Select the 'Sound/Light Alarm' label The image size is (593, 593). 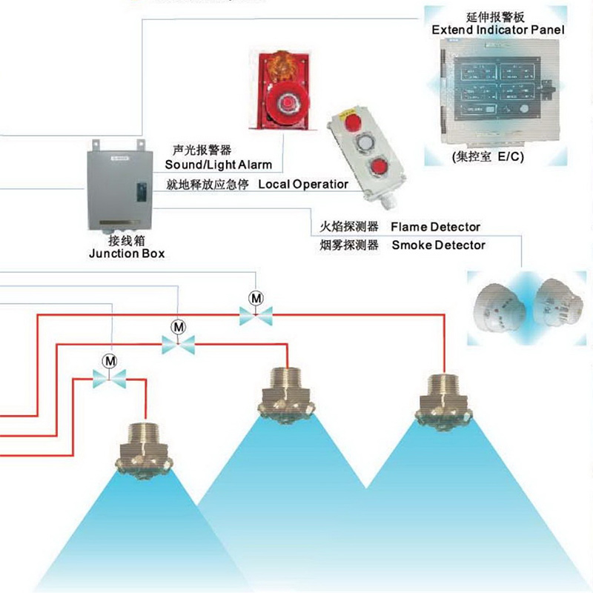[218, 165]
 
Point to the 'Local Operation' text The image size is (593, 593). [302, 184]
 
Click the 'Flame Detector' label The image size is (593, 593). [435, 227]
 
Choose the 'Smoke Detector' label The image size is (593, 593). [438, 245]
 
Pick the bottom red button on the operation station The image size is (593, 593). [380, 165]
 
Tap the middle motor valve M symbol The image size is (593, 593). [178, 326]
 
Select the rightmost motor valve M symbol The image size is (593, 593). [256, 298]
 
